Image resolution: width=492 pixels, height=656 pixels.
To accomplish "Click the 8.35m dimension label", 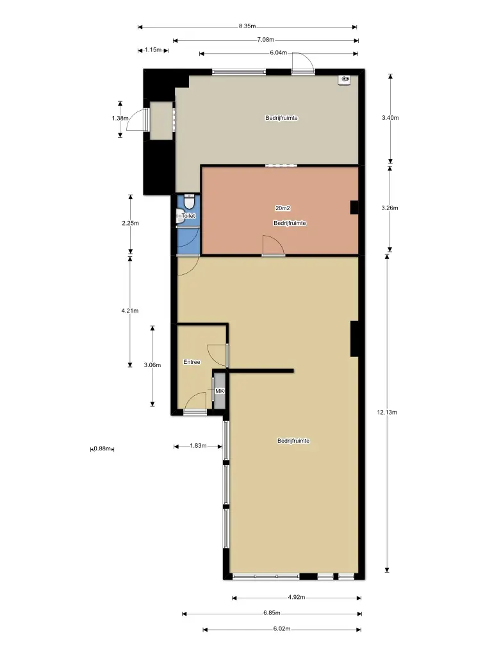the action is (247, 26).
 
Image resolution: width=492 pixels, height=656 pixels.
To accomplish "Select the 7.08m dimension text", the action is (266, 40).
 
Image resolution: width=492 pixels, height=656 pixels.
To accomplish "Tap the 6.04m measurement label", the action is (279, 53).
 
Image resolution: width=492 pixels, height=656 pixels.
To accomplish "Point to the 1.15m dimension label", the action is (153, 50).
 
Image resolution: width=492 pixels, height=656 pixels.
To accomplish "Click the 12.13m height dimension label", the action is (387, 412).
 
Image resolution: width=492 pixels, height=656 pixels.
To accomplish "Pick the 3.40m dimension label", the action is (390, 118).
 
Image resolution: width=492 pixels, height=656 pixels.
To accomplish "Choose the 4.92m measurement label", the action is (297, 597).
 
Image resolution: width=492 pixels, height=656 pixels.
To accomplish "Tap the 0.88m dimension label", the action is (102, 448).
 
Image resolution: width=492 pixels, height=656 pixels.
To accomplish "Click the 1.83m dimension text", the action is (199, 446).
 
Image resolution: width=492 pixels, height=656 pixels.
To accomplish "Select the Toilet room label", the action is (188, 216).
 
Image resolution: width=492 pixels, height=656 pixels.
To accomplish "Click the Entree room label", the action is (192, 362).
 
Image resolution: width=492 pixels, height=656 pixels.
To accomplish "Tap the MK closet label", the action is (220, 391).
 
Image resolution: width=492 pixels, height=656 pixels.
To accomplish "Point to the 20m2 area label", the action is (283, 208).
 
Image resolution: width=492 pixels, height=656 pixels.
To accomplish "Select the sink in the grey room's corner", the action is (344, 79).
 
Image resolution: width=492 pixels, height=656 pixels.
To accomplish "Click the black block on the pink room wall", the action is (354, 208).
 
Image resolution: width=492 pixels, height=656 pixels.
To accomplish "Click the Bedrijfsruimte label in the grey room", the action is (282, 118).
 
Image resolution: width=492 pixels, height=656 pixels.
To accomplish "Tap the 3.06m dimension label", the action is (152, 365).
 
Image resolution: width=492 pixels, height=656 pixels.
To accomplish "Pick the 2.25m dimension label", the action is (131, 223).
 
